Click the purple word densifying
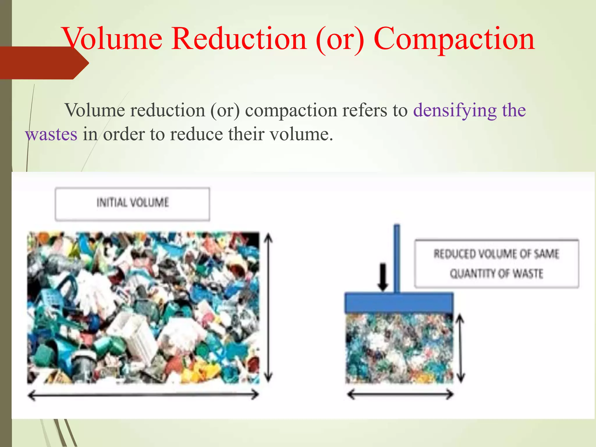pos(455,111)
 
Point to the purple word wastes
pos(51,134)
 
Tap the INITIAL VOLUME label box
pos(132,204)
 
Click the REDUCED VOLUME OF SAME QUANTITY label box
pos(496,264)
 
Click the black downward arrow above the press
pos(383,277)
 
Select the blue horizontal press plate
pos(399,303)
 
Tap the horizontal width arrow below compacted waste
pos(400,395)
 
